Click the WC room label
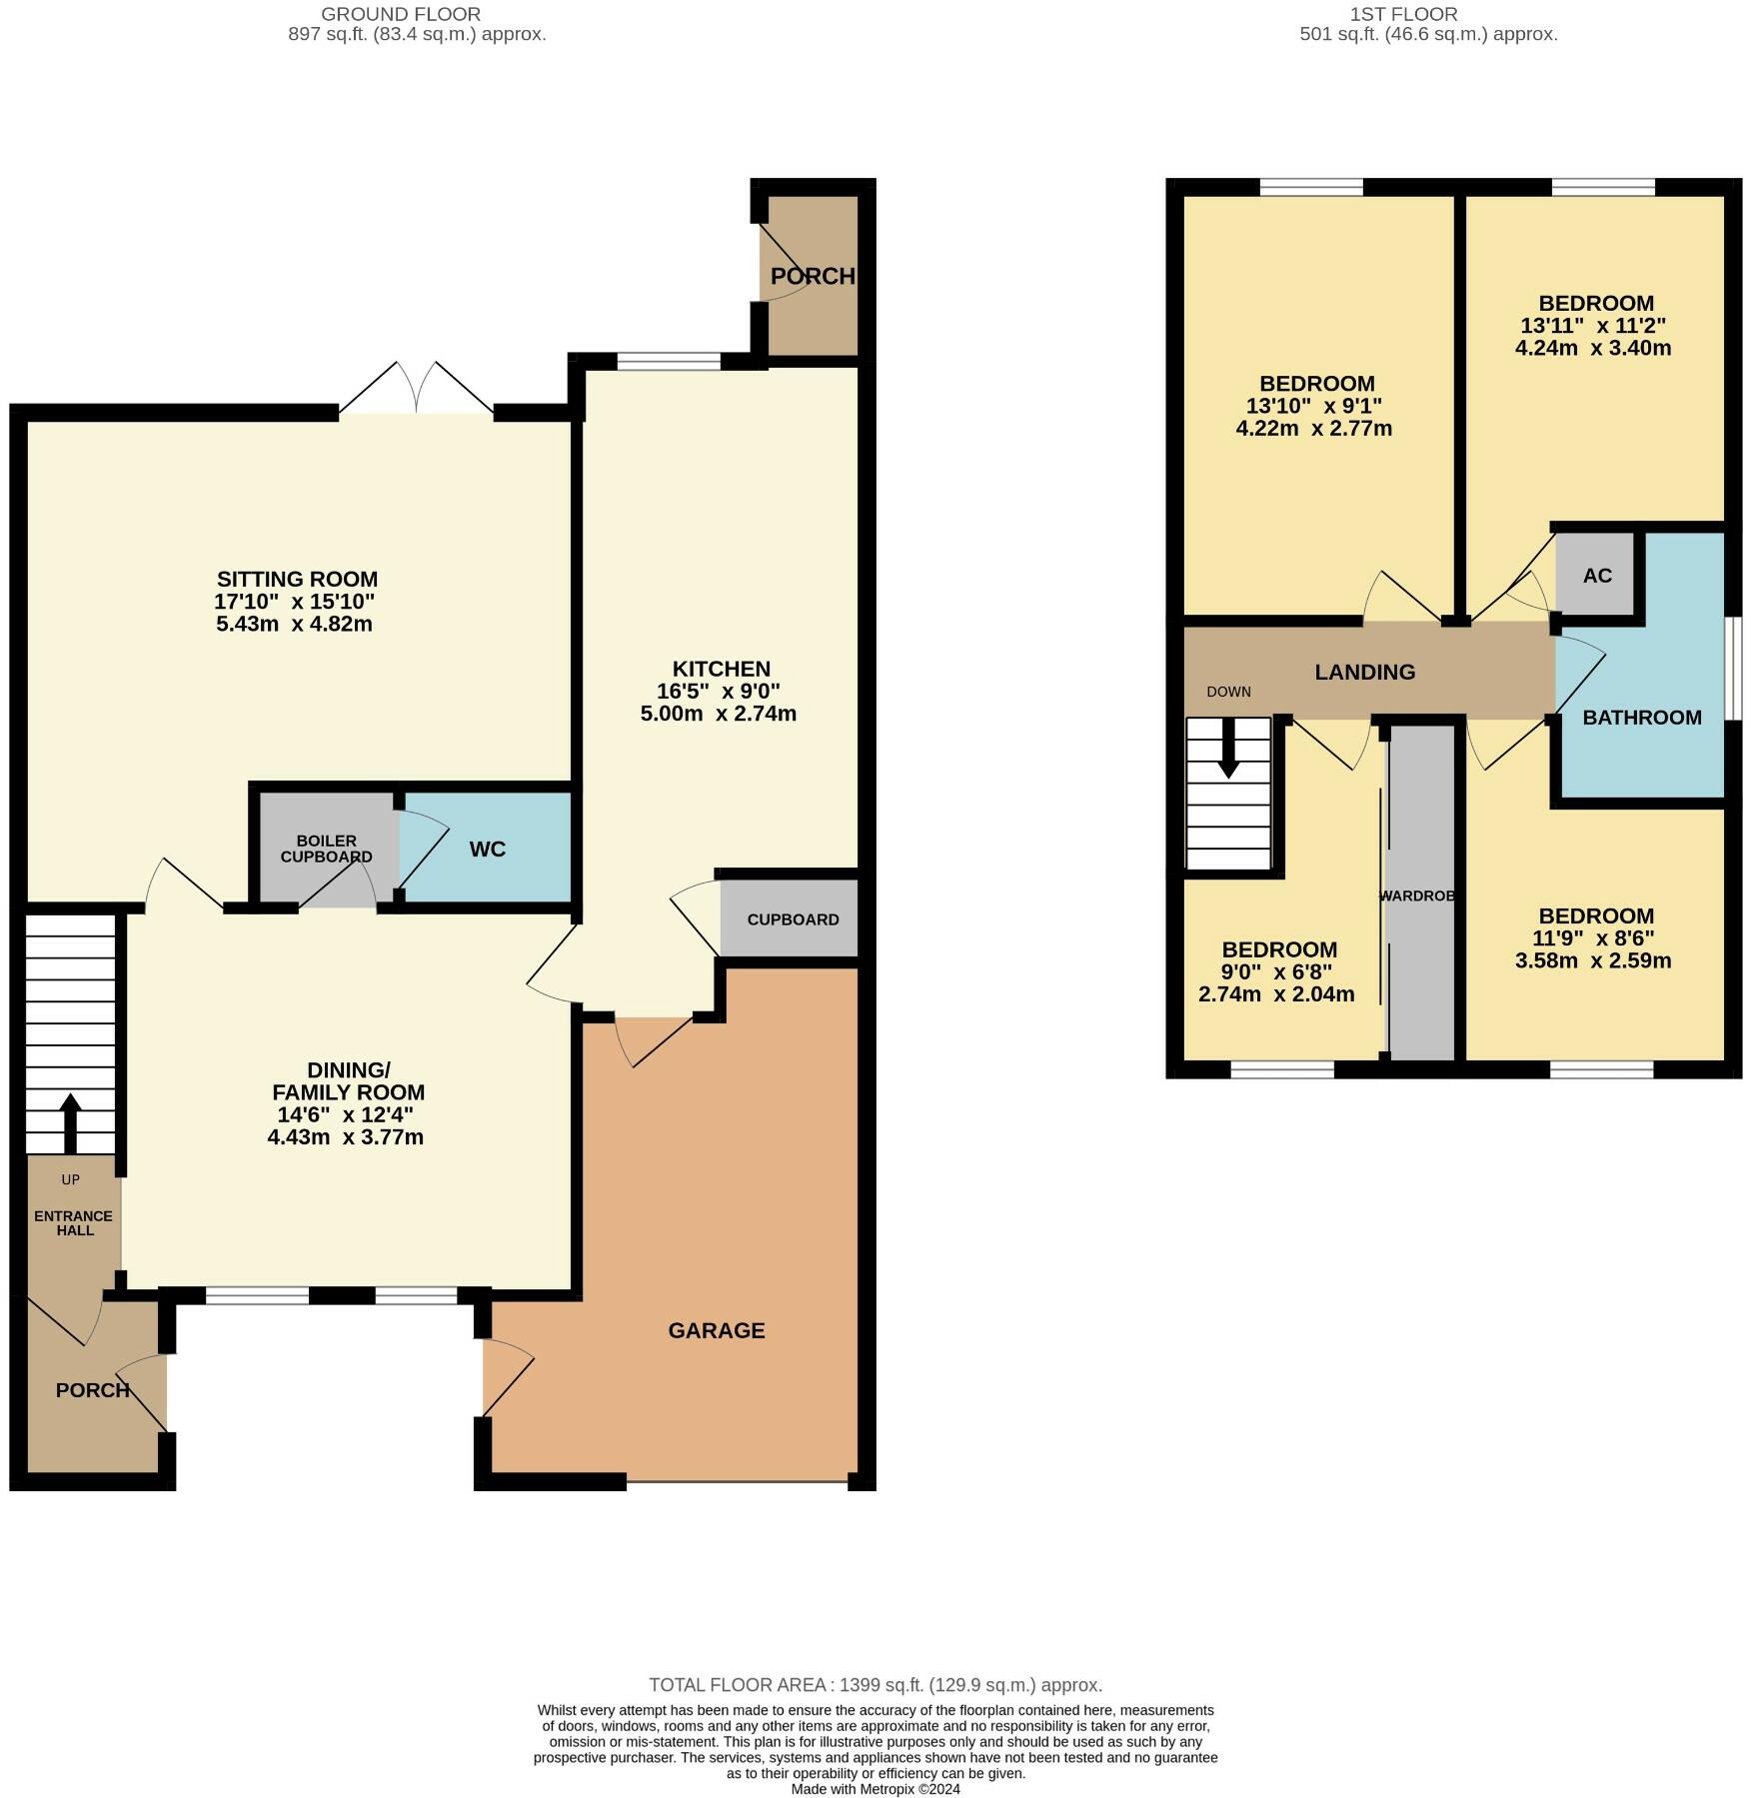tap(488, 850)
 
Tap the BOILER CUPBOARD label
tap(326, 849)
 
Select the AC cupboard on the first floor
tap(1597, 576)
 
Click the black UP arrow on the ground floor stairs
tap(70, 1123)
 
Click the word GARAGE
tap(717, 1330)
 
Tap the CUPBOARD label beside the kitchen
tap(793, 919)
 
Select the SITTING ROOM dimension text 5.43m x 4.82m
tap(294, 625)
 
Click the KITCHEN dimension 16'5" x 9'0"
tap(718, 691)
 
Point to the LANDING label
tap(1364, 672)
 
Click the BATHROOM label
tap(1641, 717)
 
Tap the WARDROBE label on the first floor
tap(1417, 896)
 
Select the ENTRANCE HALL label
tap(74, 1223)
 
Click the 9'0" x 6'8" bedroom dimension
tap(1276, 971)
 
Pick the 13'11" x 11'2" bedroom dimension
tap(1593, 326)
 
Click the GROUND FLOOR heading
tap(400, 14)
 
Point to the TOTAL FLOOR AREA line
tap(875, 1684)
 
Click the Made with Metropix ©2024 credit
tap(875, 1789)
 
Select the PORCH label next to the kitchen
tap(813, 276)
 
